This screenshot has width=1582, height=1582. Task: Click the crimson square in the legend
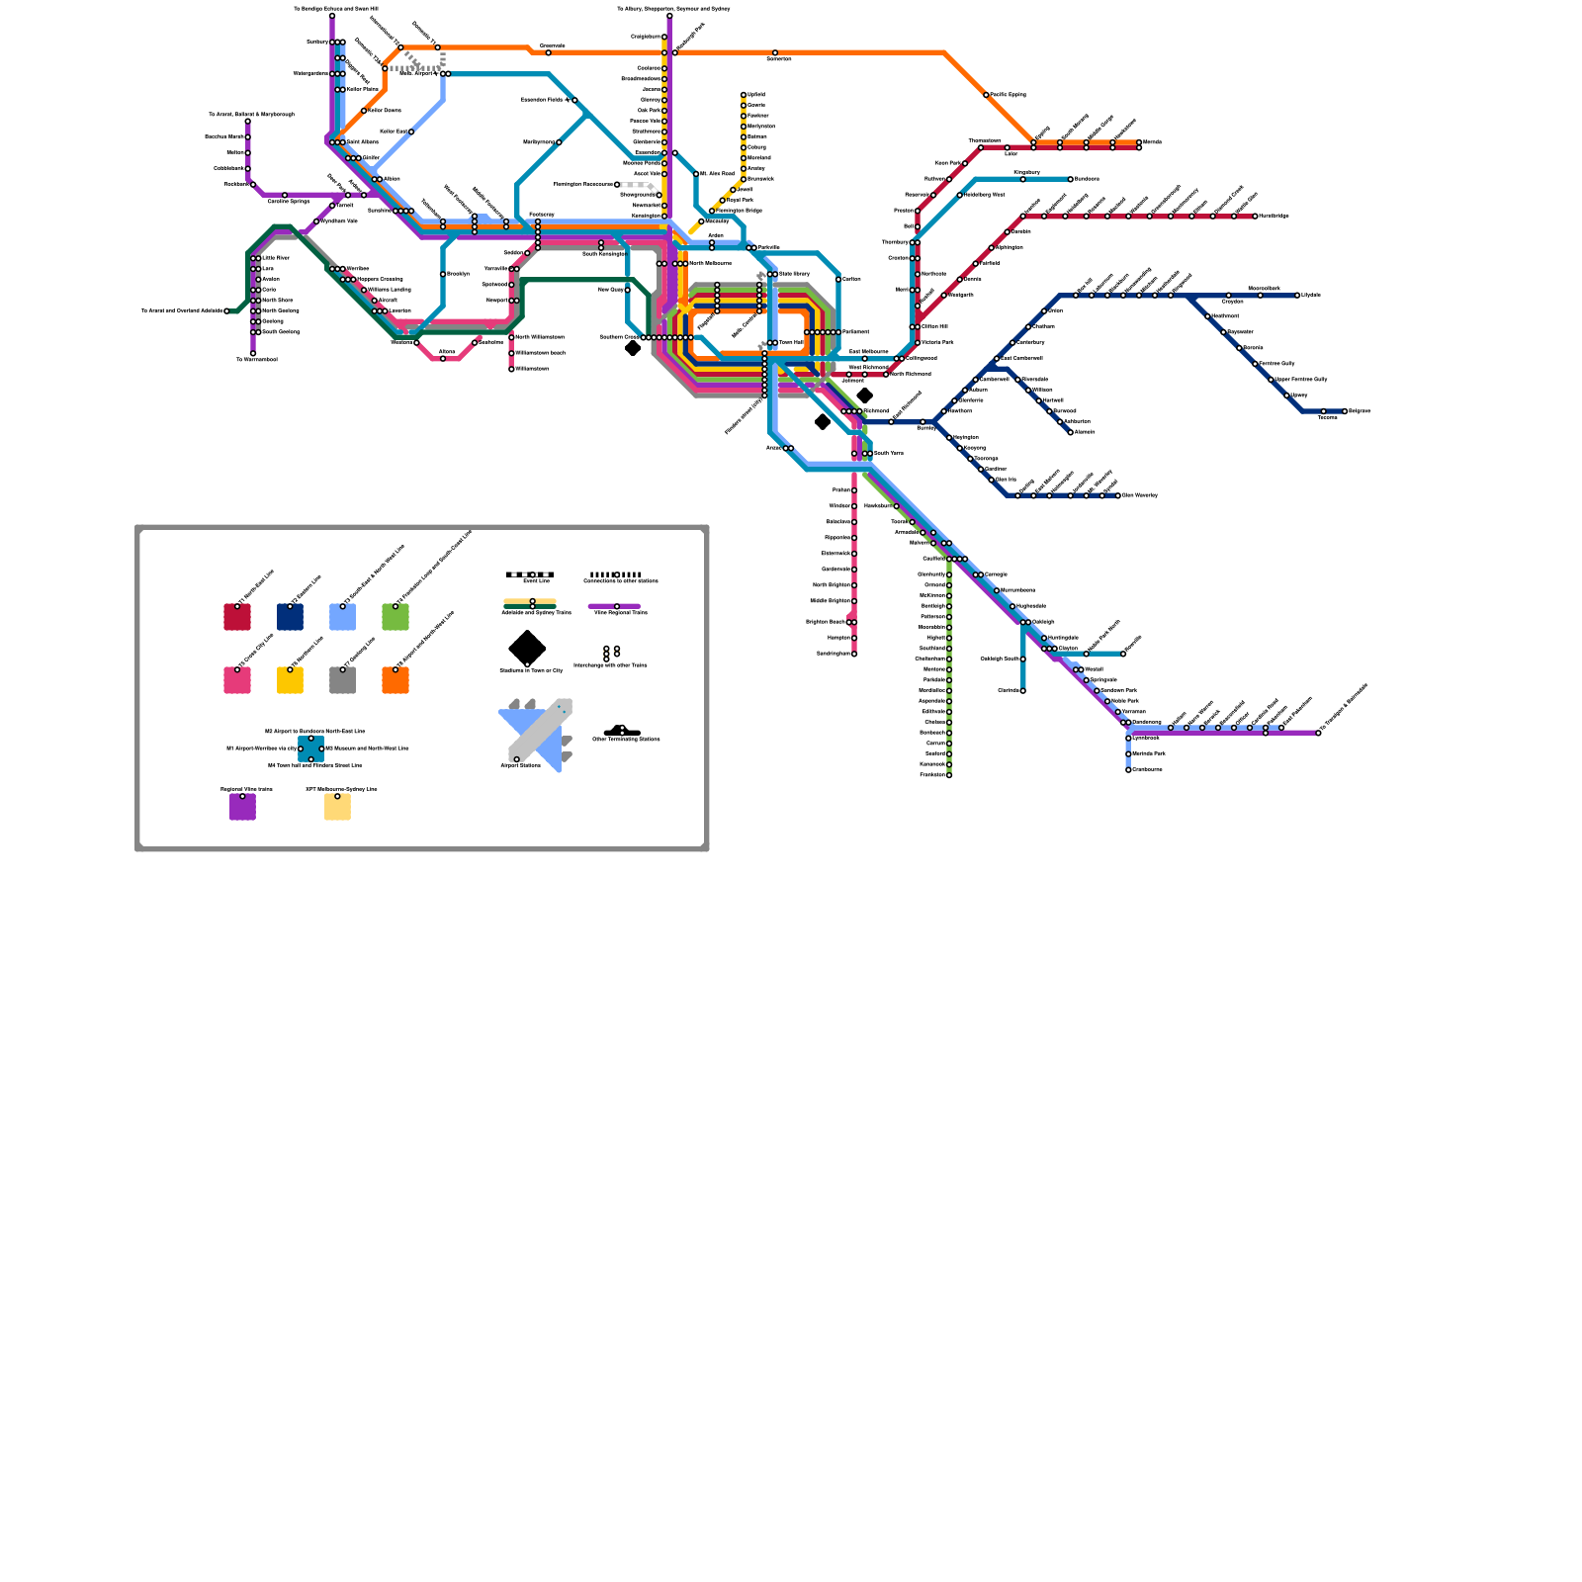[x=237, y=617]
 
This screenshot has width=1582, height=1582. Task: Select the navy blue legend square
[x=290, y=617]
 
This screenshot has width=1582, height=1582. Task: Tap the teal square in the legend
[x=310, y=748]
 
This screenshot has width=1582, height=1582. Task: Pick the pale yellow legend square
[x=337, y=807]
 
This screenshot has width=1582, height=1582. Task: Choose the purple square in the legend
[x=242, y=807]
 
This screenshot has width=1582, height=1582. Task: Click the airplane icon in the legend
[x=535, y=735]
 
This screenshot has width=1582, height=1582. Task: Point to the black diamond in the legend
[x=527, y=649]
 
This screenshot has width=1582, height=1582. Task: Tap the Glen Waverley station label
[x=1140, y=495]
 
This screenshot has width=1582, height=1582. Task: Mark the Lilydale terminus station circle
[x=1297, y=295]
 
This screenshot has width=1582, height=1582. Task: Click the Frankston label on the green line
[x=932, y=775]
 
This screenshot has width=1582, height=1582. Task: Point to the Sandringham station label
[x=834, y=654]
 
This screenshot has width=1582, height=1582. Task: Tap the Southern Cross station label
[x=619, y=337]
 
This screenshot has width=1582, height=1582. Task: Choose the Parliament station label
[x=856, y=332]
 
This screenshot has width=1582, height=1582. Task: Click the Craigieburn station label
[x=646, y=37]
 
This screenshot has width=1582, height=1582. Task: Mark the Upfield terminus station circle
[x=744, y=95]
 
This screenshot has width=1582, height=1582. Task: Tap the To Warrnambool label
[x=257, y=360]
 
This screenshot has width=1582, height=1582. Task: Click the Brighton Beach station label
[x=826, y=622]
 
